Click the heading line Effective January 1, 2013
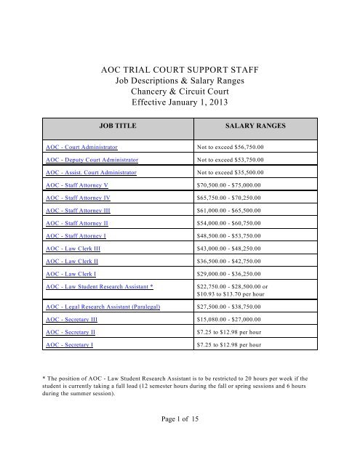[x=180, y=102]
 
